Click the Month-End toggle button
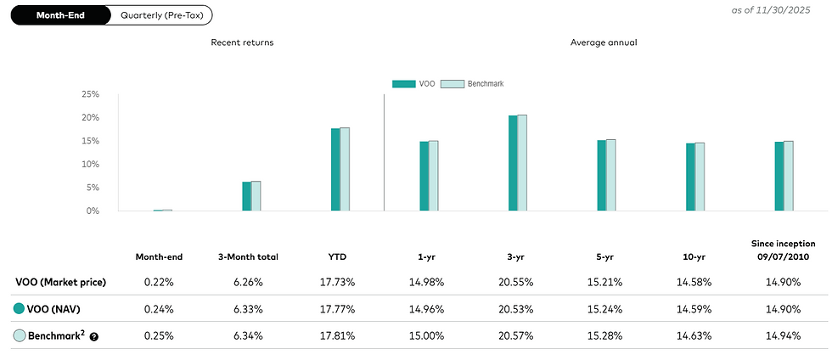click(59, 15)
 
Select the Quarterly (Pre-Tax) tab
click(160, 15)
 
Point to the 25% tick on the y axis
click(91, 94)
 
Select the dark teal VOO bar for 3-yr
click(513, 163)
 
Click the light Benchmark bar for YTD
click(345, 169)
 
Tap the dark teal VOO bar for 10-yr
click(690, 177)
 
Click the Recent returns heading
click(242, 42)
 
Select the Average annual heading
click(604, 42)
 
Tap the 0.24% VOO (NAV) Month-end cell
click(159, 309)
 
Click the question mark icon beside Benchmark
click(94, 336)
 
